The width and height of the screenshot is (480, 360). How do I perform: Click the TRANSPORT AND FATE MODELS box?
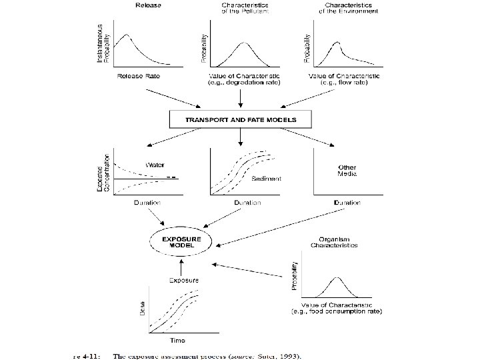coord(241,120)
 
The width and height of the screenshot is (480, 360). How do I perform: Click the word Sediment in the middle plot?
coord(267,179)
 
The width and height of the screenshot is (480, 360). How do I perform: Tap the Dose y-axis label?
coord(141,309)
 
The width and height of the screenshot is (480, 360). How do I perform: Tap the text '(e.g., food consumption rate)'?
coord(335,311)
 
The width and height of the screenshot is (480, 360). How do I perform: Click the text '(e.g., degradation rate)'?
coord(241,83)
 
